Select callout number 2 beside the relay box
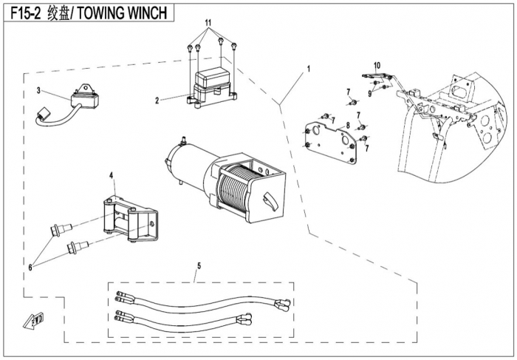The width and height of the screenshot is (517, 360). [157, 99]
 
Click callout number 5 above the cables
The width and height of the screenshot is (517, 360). [199, 265]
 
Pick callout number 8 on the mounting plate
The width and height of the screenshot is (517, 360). [346, 126]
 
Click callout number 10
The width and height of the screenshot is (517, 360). [377, 66]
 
